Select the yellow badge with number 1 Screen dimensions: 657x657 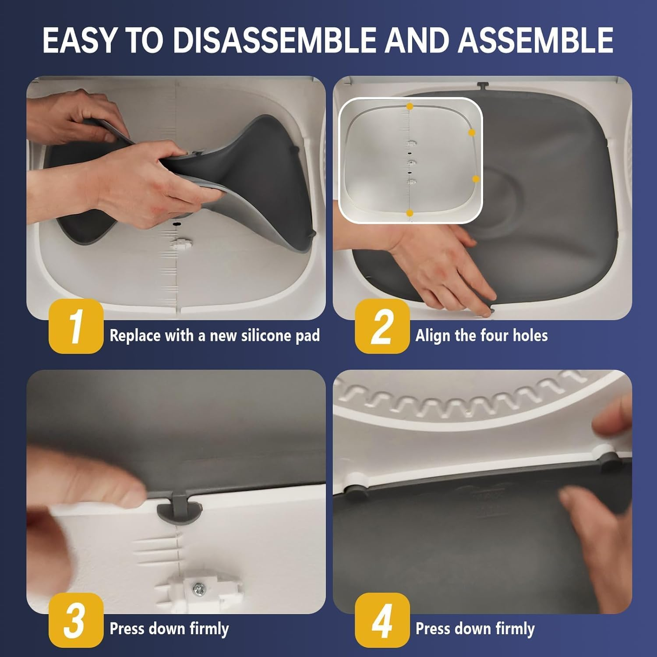pos(76,326)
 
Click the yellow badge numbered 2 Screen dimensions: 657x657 pos(382,326)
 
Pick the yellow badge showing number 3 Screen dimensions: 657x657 pos(76,620)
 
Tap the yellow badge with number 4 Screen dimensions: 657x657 pos(382,620)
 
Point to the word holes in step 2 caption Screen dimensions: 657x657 pos(530,336)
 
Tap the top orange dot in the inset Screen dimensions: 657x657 pos(410,106)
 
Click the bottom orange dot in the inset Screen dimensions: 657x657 pos(410,213)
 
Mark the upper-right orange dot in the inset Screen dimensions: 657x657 pos(472,132)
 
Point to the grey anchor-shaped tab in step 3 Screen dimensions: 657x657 pos(180,508)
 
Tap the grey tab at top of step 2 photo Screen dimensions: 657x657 pos(482,85)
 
